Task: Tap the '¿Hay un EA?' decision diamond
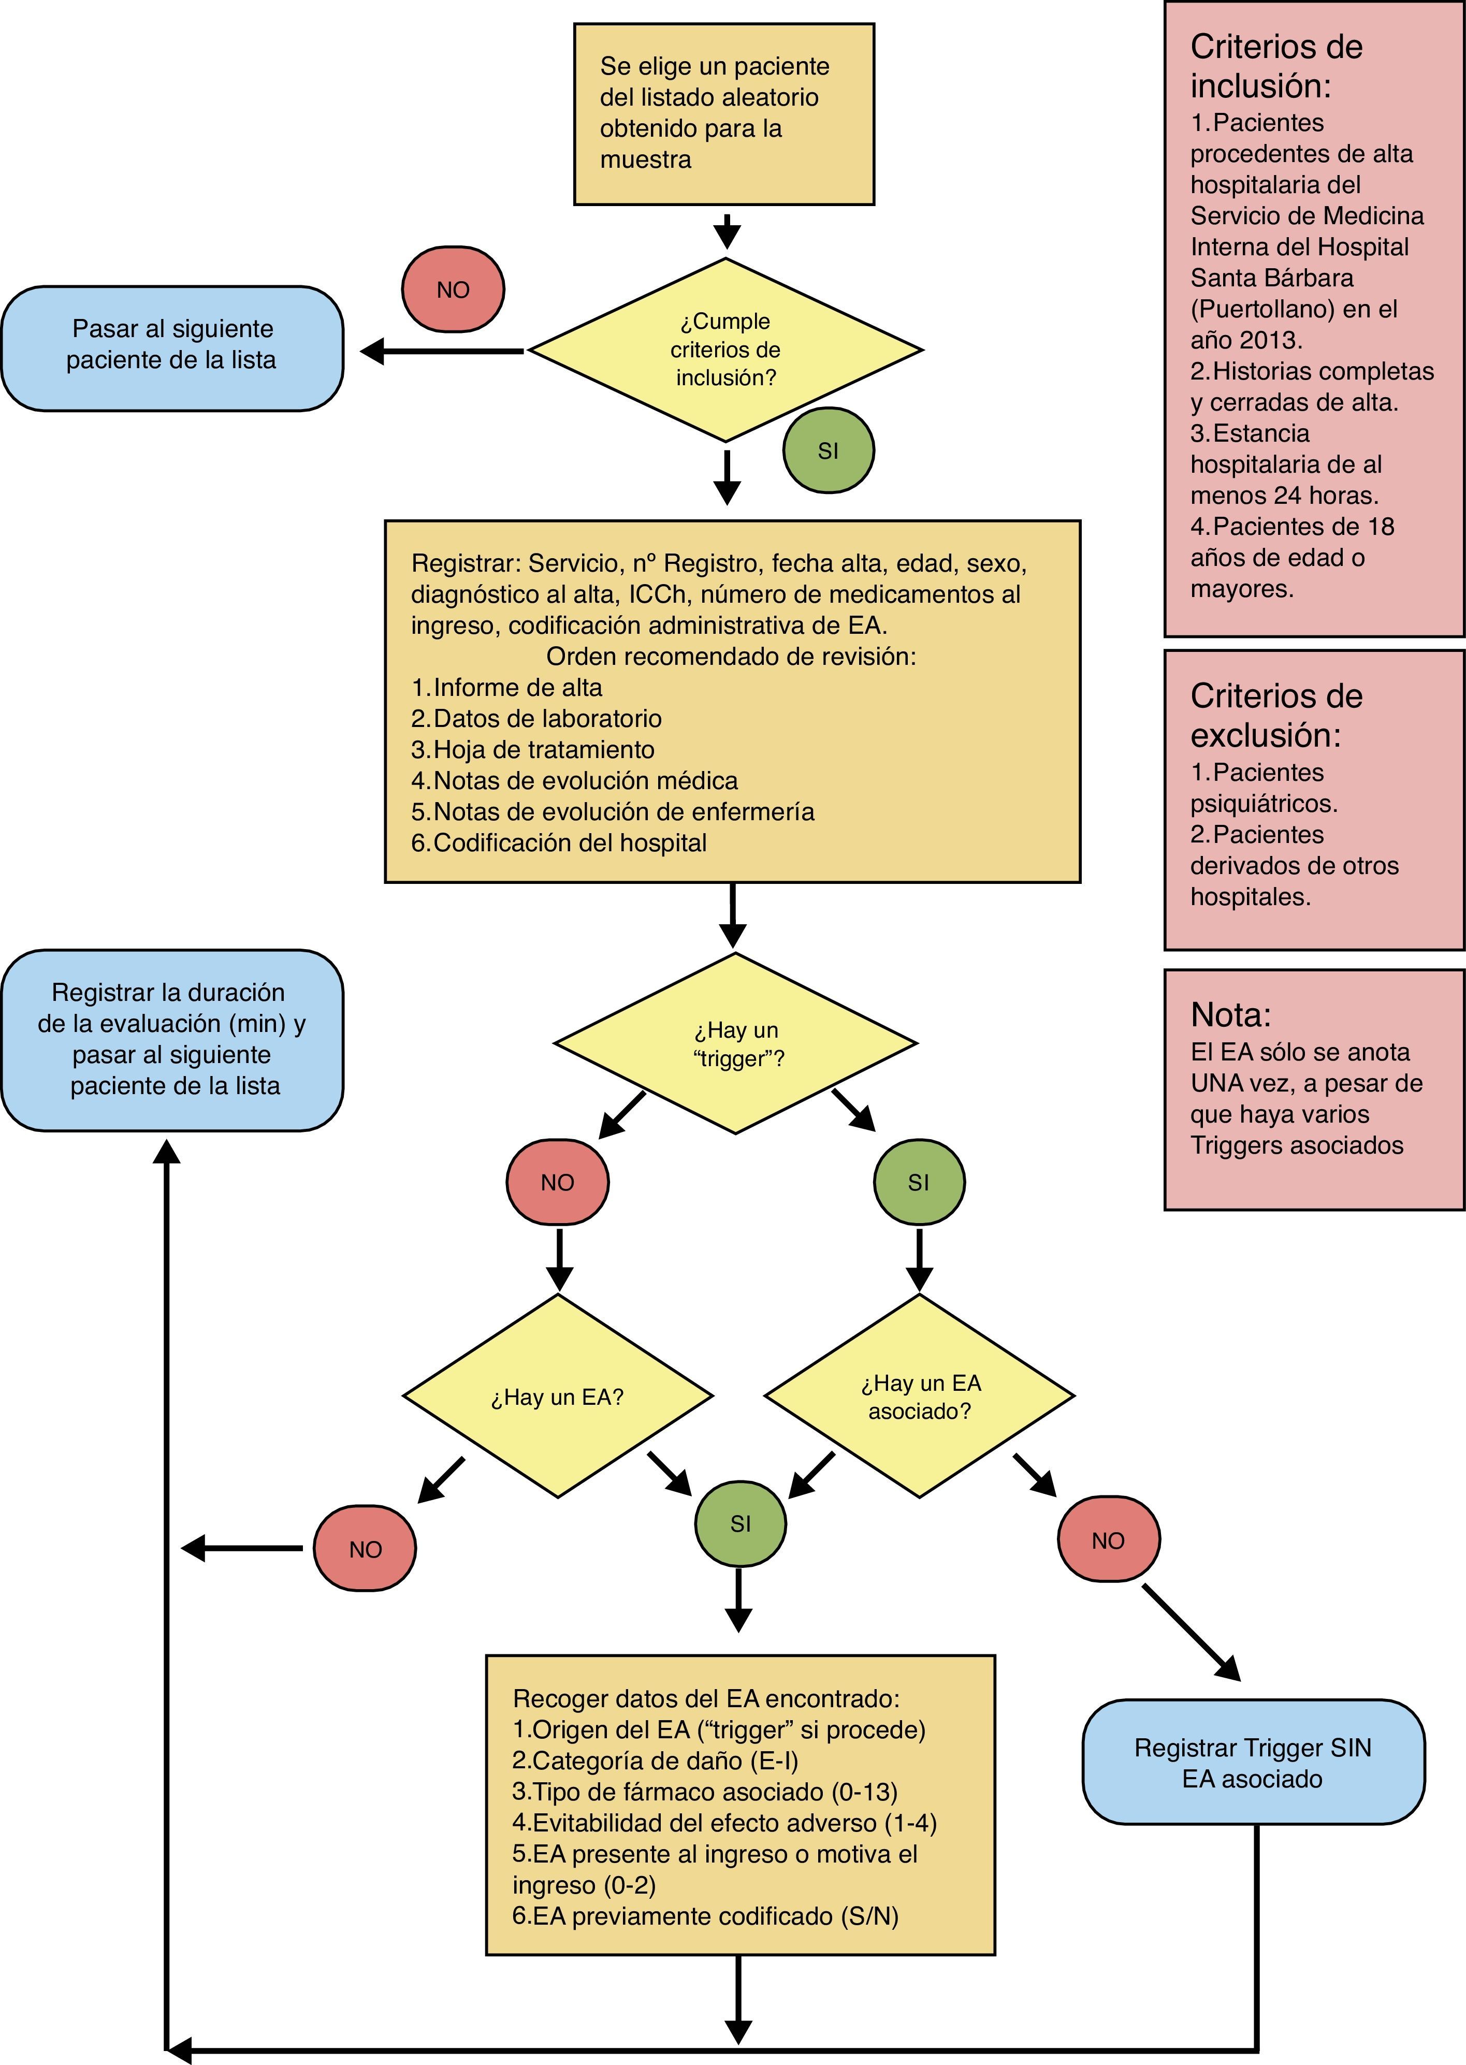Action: point(557,1397)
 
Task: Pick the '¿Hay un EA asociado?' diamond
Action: point(920,1397)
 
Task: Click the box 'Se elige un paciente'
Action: point(724,114)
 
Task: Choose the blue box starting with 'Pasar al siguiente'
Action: point(171,348)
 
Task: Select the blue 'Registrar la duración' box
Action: point(171,1040)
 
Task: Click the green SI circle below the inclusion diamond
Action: point(828,450)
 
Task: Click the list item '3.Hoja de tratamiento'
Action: point(533,750)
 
